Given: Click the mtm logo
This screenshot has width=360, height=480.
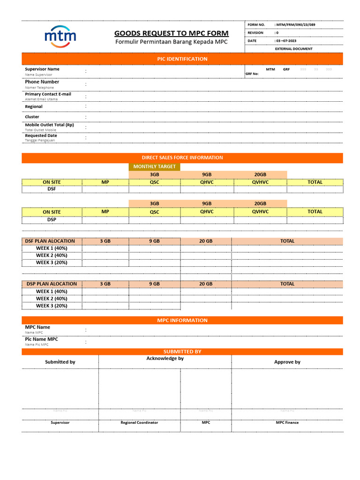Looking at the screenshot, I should (x=60, y=37).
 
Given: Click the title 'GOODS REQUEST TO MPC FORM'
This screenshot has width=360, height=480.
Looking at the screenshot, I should (x=172, y=33).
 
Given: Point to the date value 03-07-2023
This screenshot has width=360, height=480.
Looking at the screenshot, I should (x=286, y=41).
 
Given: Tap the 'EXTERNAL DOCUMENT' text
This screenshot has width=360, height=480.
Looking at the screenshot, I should (x=293, y=49).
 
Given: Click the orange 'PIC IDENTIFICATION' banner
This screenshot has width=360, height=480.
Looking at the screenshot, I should (x=182, y=59).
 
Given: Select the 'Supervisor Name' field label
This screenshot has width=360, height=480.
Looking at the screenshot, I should (x=42, y=69).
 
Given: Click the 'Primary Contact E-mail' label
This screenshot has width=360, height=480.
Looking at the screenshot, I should (x=48, y=94).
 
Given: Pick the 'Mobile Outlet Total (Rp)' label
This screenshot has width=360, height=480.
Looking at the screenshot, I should (x=49, y=125).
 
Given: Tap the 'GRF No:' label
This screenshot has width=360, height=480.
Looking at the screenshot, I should (x=252, y=74).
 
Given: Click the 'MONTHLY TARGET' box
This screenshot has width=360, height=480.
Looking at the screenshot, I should (x=154, y=166).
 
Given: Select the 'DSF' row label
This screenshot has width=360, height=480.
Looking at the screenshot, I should (x=52, y=189).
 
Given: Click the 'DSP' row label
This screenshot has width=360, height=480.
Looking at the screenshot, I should (x=52, y=219).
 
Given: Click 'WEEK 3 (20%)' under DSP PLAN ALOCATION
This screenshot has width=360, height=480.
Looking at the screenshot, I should (x=52, y=306).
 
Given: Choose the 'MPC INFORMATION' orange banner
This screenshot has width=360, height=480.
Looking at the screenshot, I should (x=182, y=320).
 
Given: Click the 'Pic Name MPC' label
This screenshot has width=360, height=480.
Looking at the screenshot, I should (x=42, y=339).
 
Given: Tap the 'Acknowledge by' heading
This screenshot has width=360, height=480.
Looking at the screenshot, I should (x=165, y=359).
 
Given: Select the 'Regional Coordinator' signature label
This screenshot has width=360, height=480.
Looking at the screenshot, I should (x=139, y=422).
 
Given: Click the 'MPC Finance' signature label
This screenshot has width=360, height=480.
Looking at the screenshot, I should (x=287, y=422).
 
